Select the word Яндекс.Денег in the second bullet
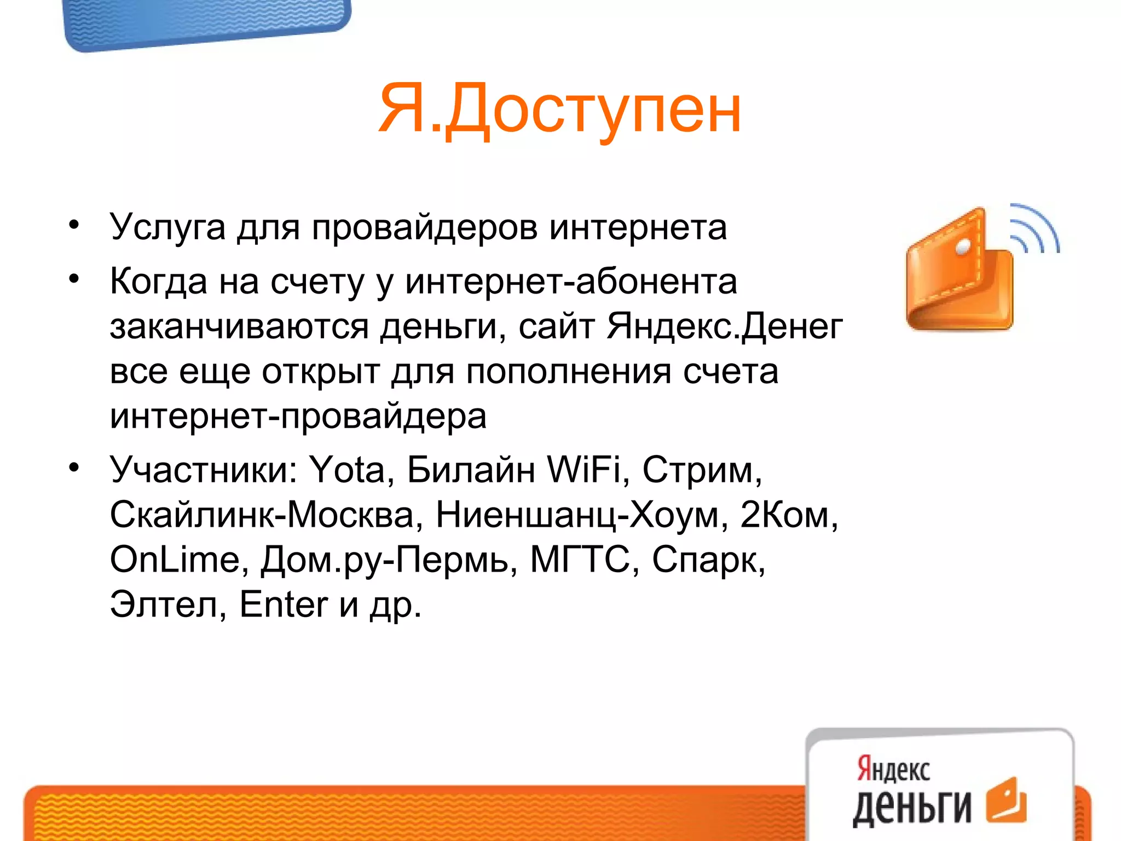point(725,326)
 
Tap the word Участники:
point(203,470)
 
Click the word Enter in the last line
point(283,605)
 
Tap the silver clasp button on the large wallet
point(962,247)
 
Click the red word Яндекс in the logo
point(893,769)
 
